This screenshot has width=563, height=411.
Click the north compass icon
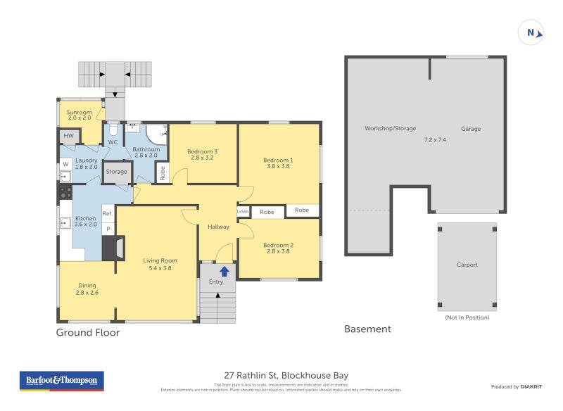click(531, 32)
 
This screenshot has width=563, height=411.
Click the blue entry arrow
click(224, 271)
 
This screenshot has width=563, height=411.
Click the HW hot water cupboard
click(68, 136)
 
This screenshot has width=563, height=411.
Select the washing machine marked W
click(65, 165)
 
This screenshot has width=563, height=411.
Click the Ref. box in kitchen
click(108, 214)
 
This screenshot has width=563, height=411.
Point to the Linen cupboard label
click(243, 211)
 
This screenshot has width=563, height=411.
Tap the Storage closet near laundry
click(117, 172)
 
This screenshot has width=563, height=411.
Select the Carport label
click(467, 265)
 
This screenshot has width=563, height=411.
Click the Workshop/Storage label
click(390, 129)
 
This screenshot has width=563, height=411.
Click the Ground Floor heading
click(88, 332)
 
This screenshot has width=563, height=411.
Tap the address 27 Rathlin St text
click(281, 375)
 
